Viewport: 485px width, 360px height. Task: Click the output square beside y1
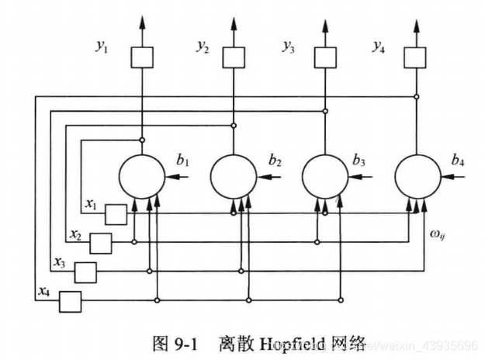pos(141,57)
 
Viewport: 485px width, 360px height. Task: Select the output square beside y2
pos(234,57)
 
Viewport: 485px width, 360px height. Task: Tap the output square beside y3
pos(325,57)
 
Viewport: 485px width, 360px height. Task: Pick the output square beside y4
pos(417,57)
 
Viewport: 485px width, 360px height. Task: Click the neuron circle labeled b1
pos(141,177)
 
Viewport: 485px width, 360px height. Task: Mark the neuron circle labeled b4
pos(417,177)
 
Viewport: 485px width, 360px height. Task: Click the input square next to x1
pos(116,214)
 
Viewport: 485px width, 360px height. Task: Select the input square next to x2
pos(101,244)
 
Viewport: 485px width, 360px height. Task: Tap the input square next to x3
pos(85,272)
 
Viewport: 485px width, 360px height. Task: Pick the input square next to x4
pos(70,300)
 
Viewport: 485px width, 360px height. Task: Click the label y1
pos(102,47)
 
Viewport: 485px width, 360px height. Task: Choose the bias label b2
pos(275,161)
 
